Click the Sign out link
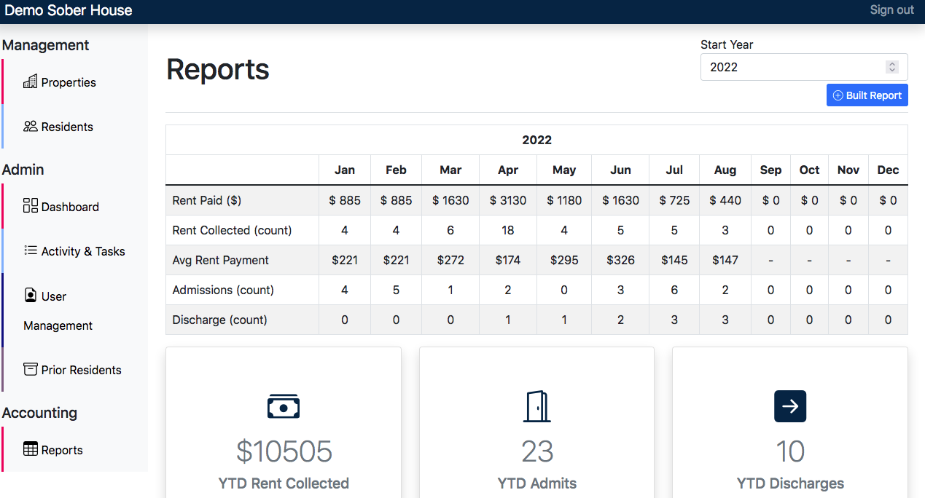point(891,10)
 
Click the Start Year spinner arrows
point(891,67)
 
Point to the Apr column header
point(508,170)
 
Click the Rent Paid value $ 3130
point(508,200)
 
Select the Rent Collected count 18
point(508,230)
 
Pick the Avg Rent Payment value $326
point(620,260)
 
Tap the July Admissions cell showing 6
point(674,290)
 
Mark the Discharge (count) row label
point(219,320)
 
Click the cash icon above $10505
point(284,406)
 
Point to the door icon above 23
point(536,406)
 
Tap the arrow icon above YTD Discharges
point(790,406)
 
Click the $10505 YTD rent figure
point(284,451)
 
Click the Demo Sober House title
point(69,10)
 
